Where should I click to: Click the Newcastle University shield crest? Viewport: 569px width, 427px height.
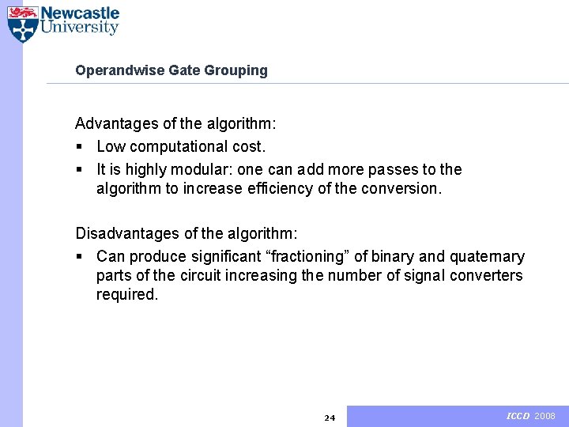tap(22, 24)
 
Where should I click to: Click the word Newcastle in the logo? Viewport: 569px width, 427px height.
tap(80, 13)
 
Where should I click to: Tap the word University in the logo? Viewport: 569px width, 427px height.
tap(80, 28)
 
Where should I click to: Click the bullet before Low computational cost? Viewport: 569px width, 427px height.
tap(78, 147)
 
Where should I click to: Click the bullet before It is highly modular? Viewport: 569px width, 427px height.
tap(78, 169)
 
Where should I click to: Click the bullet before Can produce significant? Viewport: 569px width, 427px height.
tap(78, 256)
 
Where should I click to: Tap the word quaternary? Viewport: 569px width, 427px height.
tap(487, 256)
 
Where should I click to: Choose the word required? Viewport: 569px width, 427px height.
tap(127, 294)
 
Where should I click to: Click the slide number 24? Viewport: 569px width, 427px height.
tap(330, 418)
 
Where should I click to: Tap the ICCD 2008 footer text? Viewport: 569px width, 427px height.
tap(531, 416)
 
